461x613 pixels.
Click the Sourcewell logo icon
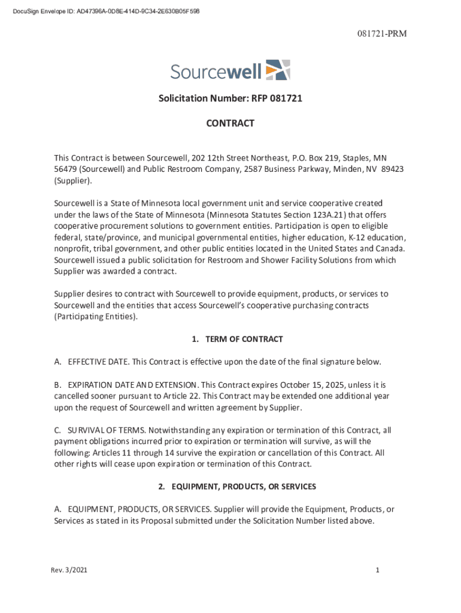pos(278,70)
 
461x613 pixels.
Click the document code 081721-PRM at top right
pos(384,34)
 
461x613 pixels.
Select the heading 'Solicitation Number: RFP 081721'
pos(230,98)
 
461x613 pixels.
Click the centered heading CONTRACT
pos(230,123)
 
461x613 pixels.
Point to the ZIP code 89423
pos(392,169)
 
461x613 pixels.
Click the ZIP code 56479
pos(65,169)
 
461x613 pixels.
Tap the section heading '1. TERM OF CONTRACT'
pos(237,339)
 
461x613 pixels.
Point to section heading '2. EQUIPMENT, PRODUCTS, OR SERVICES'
pos(237,487)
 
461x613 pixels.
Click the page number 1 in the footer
pos(378,570)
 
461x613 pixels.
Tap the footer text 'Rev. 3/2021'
pos(69,570)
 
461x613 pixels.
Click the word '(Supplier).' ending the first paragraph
pos(73,180)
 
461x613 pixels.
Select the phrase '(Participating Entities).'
pos(96,317)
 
